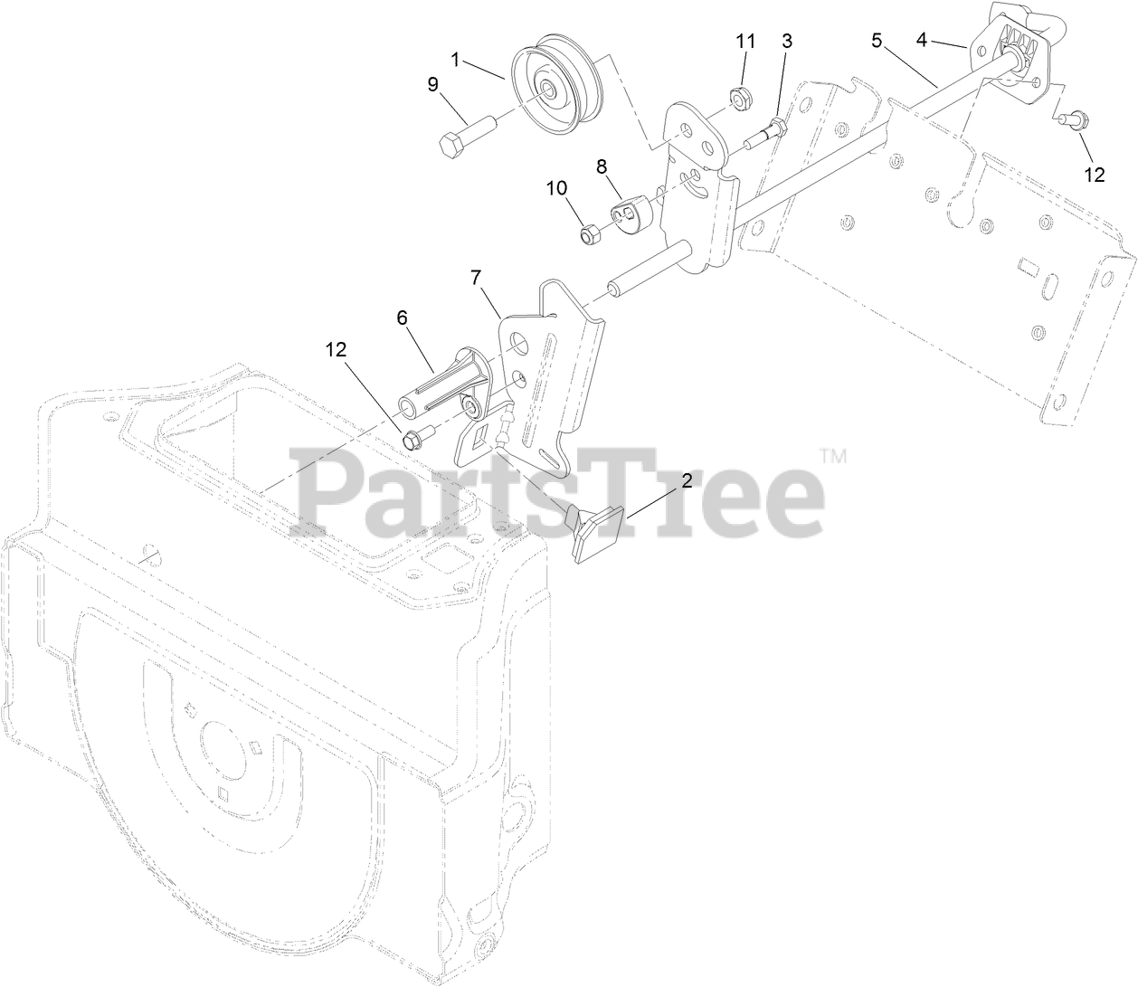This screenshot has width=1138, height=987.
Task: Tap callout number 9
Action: click(x=433, y=84)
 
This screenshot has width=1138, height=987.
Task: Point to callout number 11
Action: click(x=744, y=42)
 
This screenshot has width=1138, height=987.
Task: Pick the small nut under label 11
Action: click(x=739, y=94)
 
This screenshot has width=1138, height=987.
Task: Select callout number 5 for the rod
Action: click(x=876, y=40)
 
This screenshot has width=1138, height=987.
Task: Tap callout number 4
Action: click(x=922, y=39)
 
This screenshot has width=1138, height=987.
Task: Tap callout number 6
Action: click(x=402, y=318)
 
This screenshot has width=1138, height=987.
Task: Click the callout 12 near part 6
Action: click(x=337, y=349)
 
